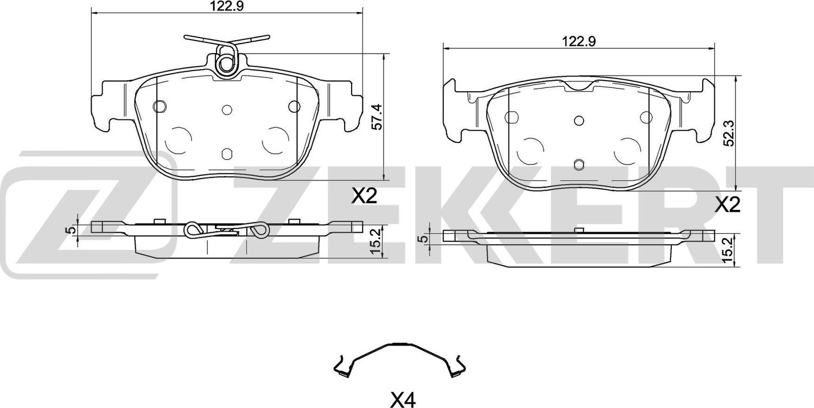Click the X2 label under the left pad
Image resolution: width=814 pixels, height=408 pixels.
364,196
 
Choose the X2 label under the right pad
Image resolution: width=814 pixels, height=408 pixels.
727,205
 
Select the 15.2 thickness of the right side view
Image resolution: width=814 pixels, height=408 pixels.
727,249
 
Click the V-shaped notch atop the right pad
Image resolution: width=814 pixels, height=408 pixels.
580,87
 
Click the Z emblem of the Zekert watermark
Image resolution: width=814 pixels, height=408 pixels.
87,214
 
